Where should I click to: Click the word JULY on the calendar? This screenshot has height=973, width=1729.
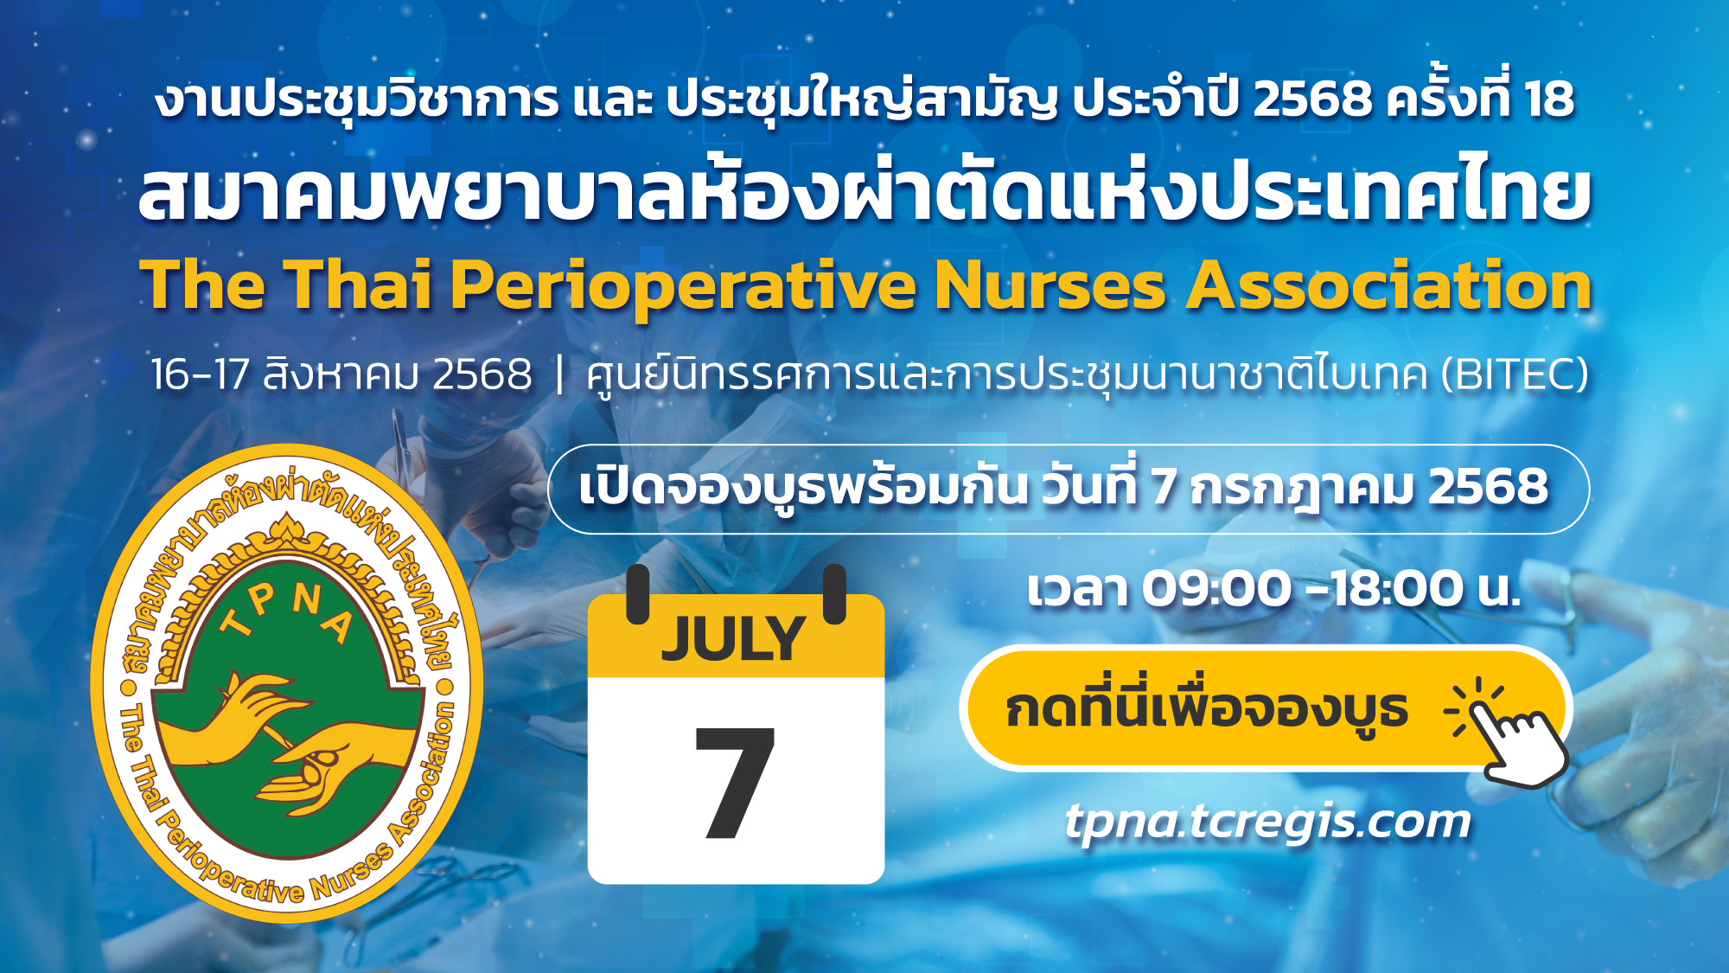tap(733, 639)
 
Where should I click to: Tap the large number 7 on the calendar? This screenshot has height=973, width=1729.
tap(736, 784)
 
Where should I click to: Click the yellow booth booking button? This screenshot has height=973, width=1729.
tap(1264, 708)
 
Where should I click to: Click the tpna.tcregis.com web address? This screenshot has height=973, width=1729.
tap(1267, 821)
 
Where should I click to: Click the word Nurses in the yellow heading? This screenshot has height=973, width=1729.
tap(1050, 286)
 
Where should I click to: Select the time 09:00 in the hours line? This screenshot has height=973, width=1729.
tap(1217, 589)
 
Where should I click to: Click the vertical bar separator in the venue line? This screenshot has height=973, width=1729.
tap(559, 374)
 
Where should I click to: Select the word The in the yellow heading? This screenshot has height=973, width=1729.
tap(203, 285)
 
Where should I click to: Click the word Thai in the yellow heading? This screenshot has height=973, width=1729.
tap(358, 285)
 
